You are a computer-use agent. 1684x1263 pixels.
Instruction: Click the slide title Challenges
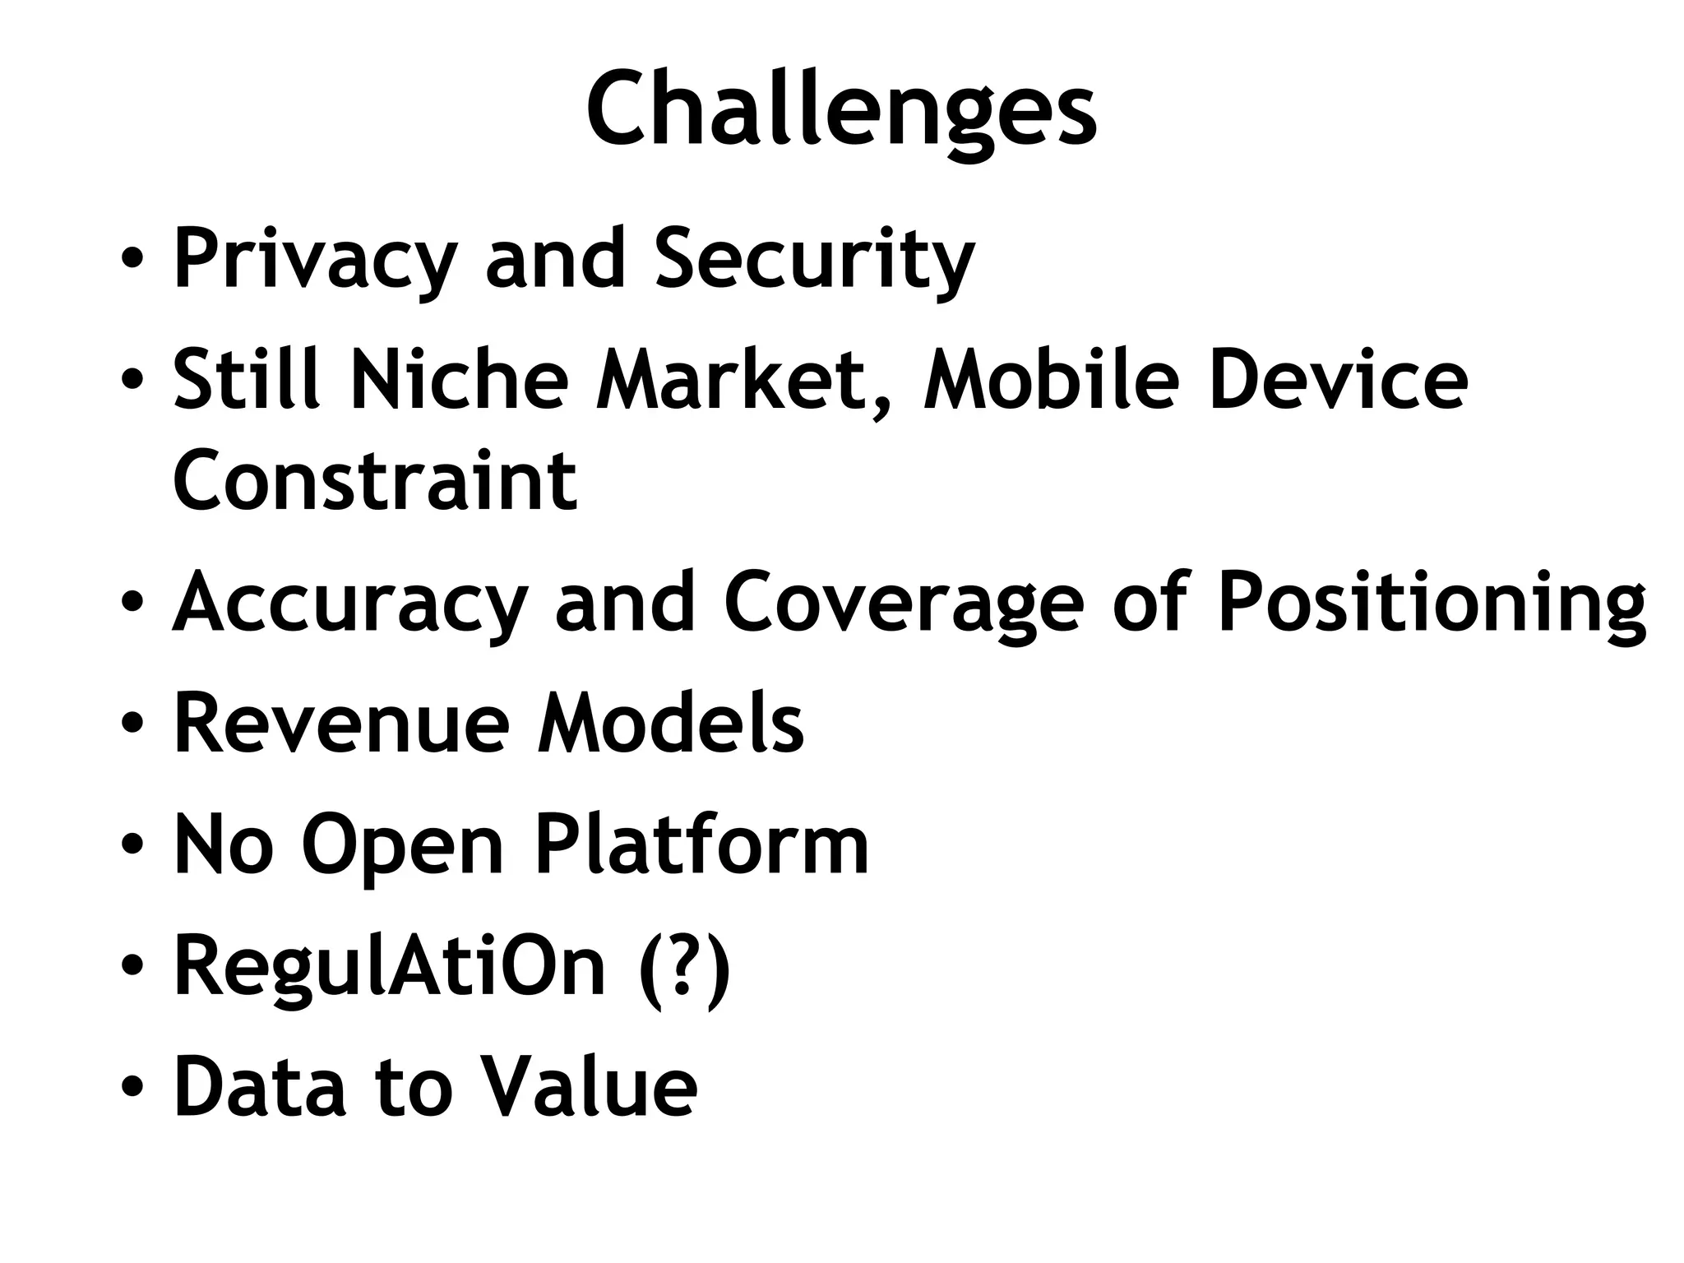pos(840,111)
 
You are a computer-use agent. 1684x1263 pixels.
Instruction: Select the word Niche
pos(460,379)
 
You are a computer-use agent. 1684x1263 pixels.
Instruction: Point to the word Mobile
pos(1052,379)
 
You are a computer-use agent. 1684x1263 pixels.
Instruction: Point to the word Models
pos(670,723)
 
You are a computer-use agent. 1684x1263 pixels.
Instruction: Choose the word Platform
pos(701,844)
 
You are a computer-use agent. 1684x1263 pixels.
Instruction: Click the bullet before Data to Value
pos(132,1087)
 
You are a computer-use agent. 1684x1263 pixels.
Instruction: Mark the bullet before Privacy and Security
pos(132,261)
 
